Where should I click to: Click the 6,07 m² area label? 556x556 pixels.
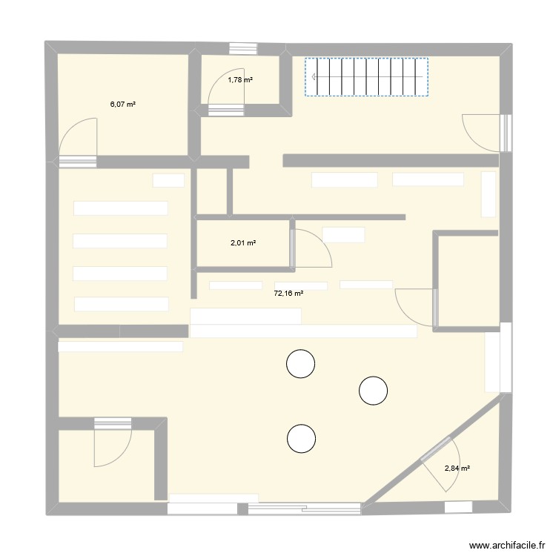(x=123, y=105)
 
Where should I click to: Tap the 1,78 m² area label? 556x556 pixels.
(x=240, y=80)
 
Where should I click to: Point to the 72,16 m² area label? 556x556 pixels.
(x=289, y=294)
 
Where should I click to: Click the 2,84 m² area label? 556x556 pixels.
(x=458, y=468)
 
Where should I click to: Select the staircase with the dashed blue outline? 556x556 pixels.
(x=367, y=77)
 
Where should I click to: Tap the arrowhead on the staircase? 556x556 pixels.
(x=314, y=77)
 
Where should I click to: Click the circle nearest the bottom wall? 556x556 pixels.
(x=301, y=438)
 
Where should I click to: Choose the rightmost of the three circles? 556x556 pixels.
(x=373, y=390)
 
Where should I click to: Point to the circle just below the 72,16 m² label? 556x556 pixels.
(x=301, y=363)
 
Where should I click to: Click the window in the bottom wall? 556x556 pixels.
(x=304, y=508)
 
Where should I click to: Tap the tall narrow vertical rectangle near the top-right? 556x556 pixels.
(x=489, y=193)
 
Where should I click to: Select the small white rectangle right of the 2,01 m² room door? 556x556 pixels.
(x=344, y=234)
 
